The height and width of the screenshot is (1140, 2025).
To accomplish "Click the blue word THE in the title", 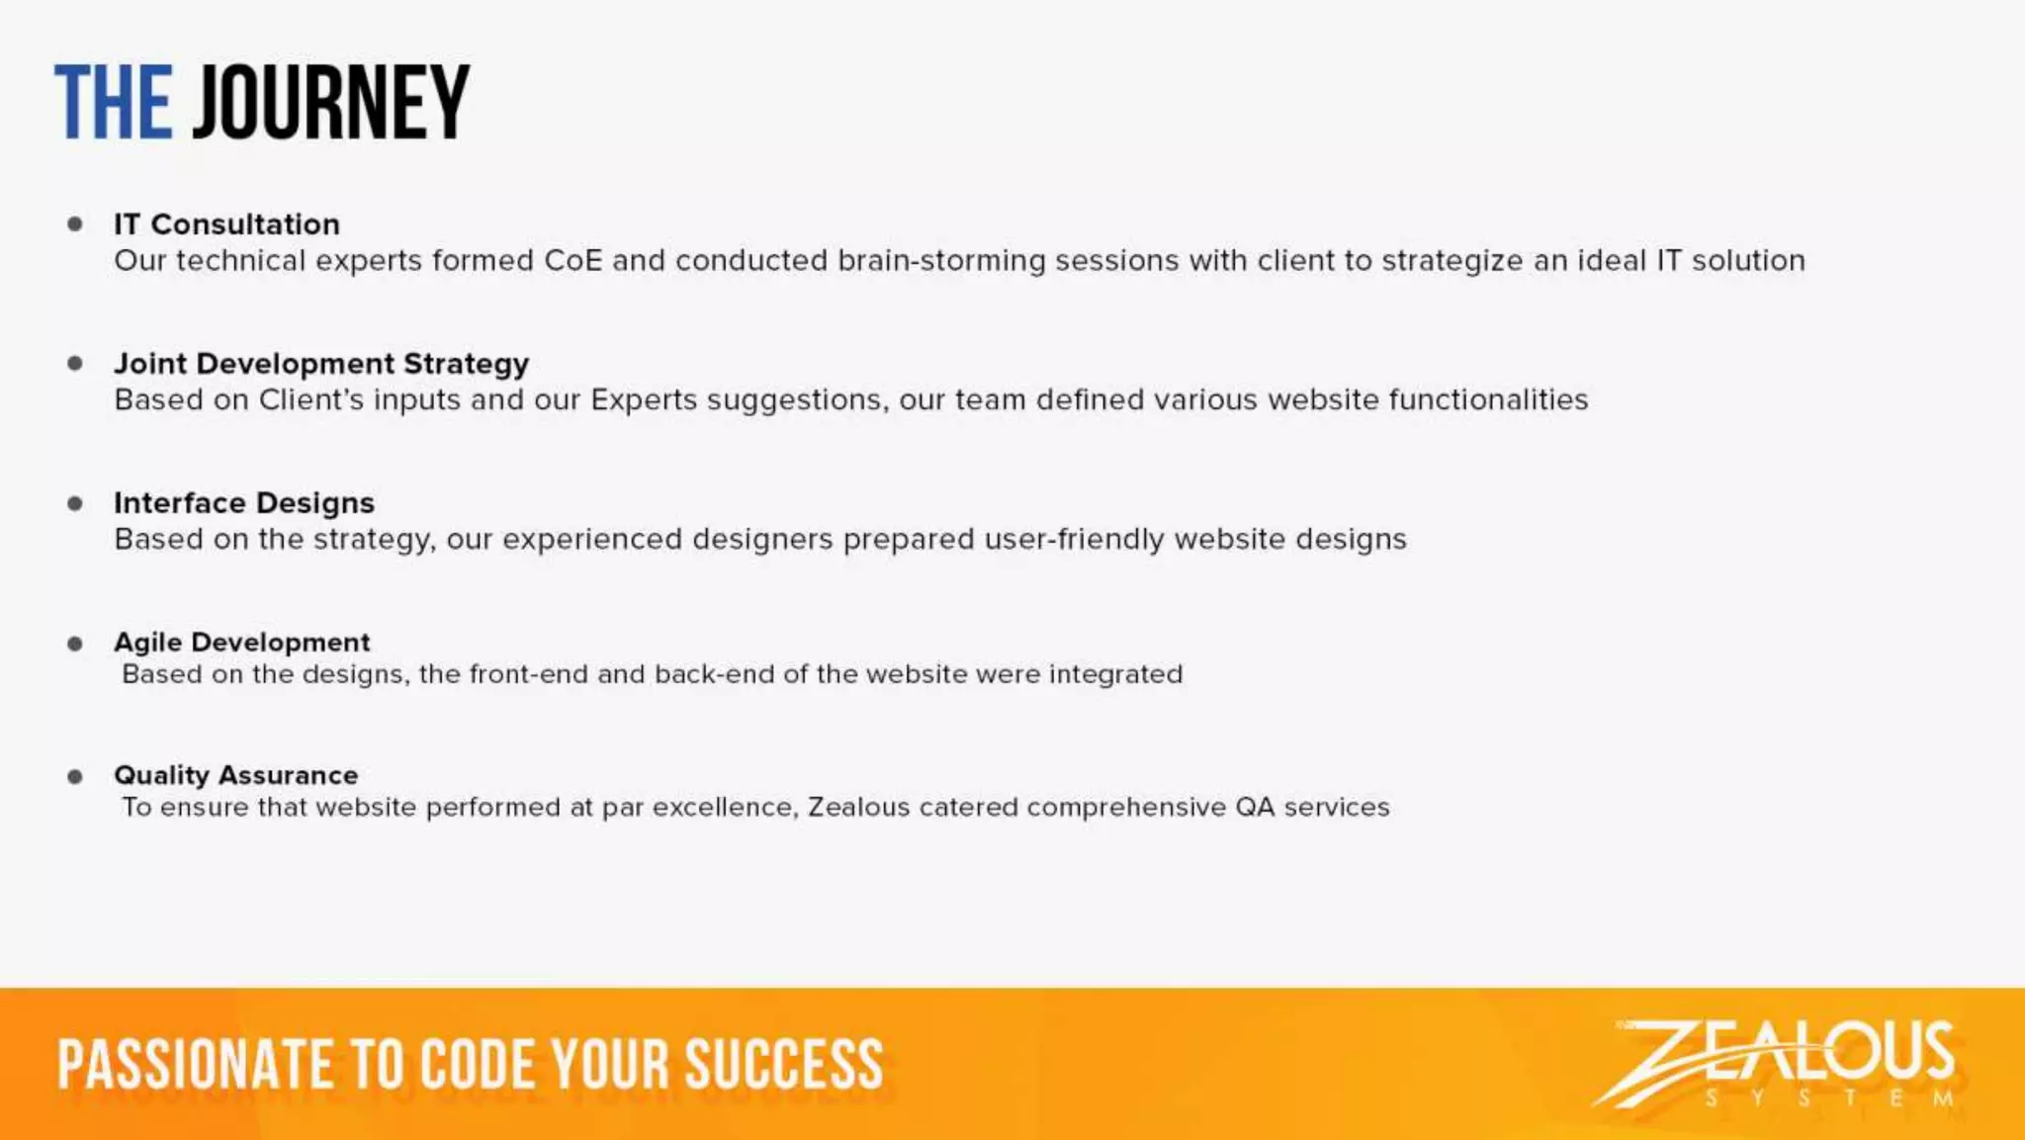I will tap(113, 103).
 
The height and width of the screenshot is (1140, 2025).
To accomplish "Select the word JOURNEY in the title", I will tap(331, 103).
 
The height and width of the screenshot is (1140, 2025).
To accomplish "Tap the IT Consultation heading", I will tap(226, 224).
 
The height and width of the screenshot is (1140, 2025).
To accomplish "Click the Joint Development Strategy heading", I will tap(321, 364).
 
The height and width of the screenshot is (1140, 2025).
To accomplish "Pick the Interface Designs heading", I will tap(244, 503).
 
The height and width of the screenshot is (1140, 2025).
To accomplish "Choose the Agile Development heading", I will tap(242, 643).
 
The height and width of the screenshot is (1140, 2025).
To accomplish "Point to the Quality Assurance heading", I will tap(236, 775).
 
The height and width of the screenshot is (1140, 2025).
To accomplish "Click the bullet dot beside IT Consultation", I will tap(75, 224).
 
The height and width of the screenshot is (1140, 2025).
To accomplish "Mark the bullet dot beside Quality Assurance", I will tap(75, 776).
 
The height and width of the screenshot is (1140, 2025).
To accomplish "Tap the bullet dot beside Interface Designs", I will tap(75, 503).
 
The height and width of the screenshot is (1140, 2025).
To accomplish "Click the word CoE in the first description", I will tap(572, 261).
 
